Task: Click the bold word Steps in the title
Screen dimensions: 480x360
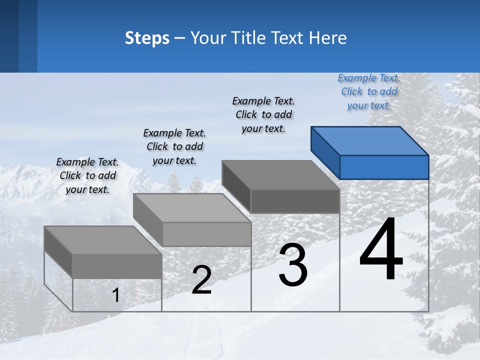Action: pos(147,38)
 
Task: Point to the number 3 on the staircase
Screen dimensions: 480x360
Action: pos(293,264)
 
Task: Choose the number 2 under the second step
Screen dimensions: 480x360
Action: pos(201,280)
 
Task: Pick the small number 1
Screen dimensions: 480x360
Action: pos(116,295)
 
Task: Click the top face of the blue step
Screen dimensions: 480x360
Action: pos(370,140)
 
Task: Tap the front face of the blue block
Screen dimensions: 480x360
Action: pos(384,167)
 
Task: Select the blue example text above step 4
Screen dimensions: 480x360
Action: pos(369,92)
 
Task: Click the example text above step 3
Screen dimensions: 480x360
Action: pos(263,114)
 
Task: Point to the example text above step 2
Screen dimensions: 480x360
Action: pos(174,146)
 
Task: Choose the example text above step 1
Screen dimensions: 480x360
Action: pos(87,175)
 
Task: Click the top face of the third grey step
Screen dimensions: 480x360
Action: pos(280,175)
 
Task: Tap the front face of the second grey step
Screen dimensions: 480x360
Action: pos(206,234)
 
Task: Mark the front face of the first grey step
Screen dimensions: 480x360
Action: pos(117,266)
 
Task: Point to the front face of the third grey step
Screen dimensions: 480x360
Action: pos(295,201)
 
